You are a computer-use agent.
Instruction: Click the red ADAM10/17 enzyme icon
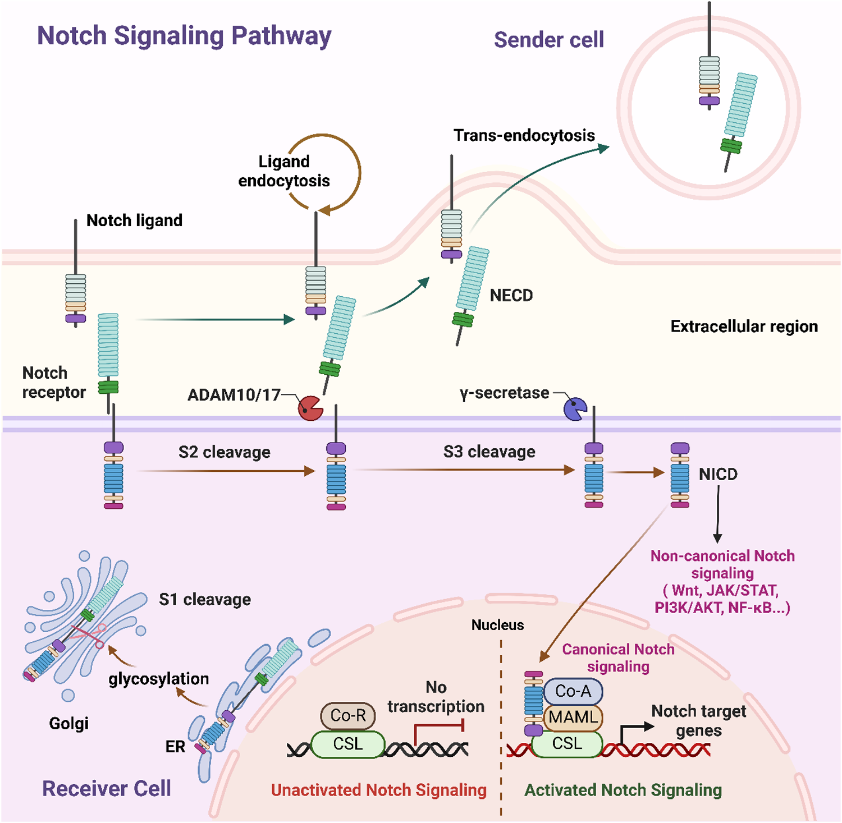tap(310, 408)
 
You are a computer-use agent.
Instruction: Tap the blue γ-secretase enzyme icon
tap(575, 409)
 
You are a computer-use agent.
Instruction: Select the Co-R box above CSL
tap(347, 715)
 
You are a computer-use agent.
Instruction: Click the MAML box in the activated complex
tap(573, 717)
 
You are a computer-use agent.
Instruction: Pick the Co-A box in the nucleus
tap(573, 691)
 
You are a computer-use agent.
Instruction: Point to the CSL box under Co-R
tap(347, 744)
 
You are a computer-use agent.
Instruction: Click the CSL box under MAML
tap(567, 744)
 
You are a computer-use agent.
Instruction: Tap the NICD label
tap(718, 475)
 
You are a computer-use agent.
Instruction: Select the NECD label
tap(511, 296)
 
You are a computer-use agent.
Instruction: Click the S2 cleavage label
tap(224, 452)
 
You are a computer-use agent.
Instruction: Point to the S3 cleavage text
tap(489, 452)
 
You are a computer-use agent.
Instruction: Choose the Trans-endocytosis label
tap(524, 136)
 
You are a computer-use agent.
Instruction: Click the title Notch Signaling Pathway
tap(184, 36)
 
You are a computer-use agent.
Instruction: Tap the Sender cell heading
tap(548, 40)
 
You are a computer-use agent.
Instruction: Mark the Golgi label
tap(68, 723)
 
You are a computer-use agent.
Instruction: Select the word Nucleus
tap(497, 625)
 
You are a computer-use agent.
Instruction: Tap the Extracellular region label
tap(744, 327)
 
